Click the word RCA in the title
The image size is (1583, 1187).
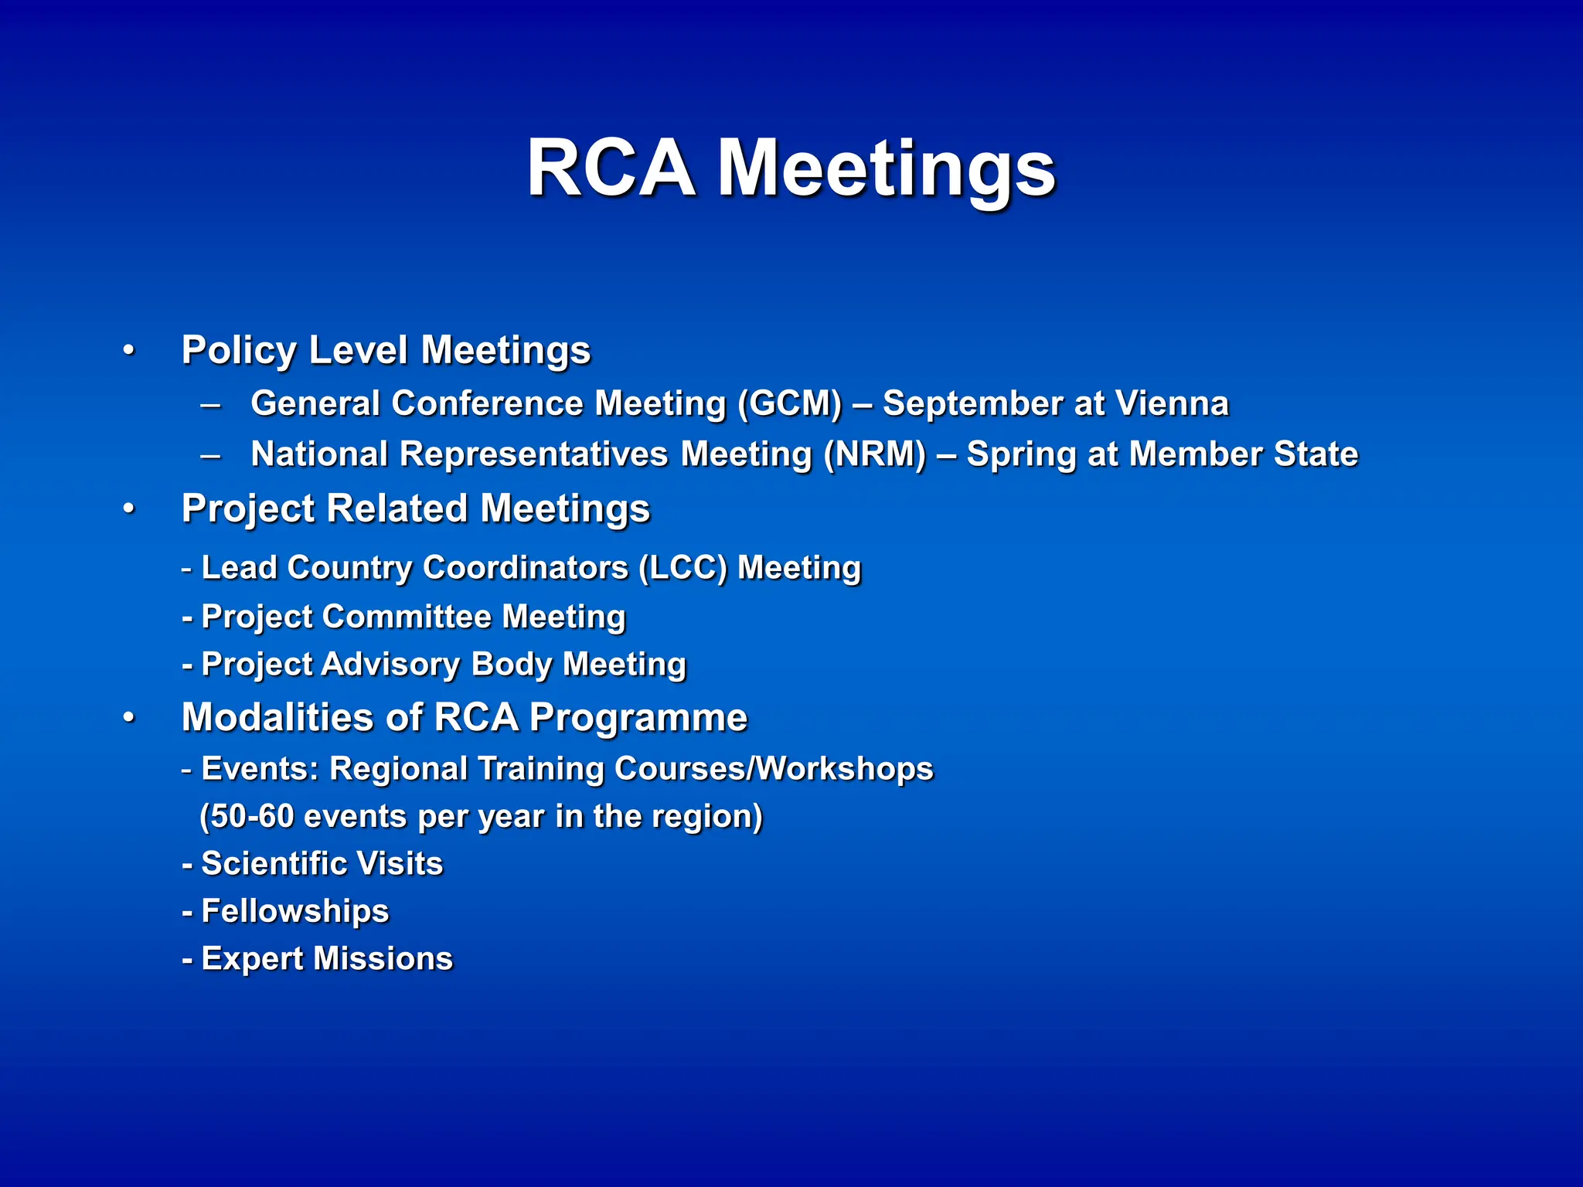(x=610, y=168)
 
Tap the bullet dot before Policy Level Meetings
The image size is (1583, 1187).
(x=129, y=350)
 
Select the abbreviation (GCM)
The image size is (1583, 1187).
(x=789, y=403)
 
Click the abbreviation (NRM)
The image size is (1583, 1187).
(x=874, y=454)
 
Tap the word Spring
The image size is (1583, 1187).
(x=1021, y=454)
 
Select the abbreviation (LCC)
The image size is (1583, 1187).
(x=683, y=567)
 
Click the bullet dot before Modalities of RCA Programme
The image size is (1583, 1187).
(x=129, y=718)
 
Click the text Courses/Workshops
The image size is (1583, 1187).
(x=774, y=769)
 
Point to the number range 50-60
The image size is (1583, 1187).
(x=252, y=816)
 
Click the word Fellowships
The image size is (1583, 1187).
(x=294, y=911)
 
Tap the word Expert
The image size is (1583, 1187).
(x=252, y=959)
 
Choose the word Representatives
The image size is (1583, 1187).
(x=533, y=454)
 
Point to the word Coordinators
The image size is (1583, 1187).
(x=526, y=567)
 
